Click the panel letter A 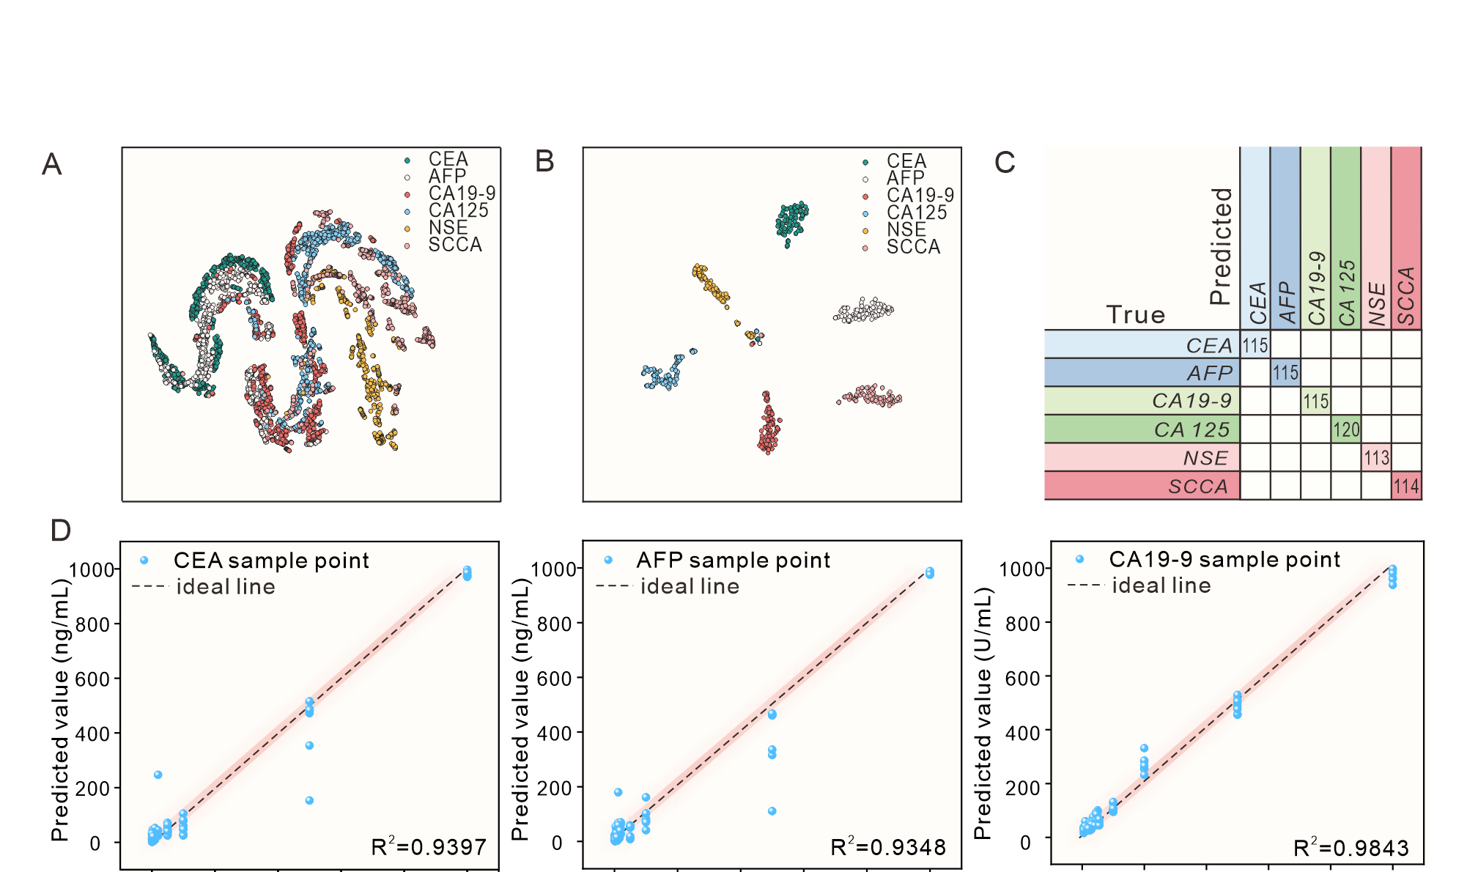tap(51, 164)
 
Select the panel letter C tap(1005, 162)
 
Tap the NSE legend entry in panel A tap(448, 228)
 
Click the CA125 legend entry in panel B tap(916, 213)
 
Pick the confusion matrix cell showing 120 tap(1346, 429)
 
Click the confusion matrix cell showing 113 tap(1376, 458)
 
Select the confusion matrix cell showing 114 tap(1406, 486)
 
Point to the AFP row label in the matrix tap(1210, 373)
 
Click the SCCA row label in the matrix tap(1198, 487)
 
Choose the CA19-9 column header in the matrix tap(1317, 288)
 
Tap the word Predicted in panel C tap(1220, 245)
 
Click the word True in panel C tap(1135, 314)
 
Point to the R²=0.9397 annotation tap(429, 847)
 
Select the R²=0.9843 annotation tap(1350, 848)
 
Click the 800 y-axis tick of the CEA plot tap(96, 624)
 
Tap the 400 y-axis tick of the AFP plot tap(557, 733)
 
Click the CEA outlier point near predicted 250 tap(158, 775)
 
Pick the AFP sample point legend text tap(733, 561)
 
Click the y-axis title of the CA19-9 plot tap(982, 712)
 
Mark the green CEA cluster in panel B tap(791, 219)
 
